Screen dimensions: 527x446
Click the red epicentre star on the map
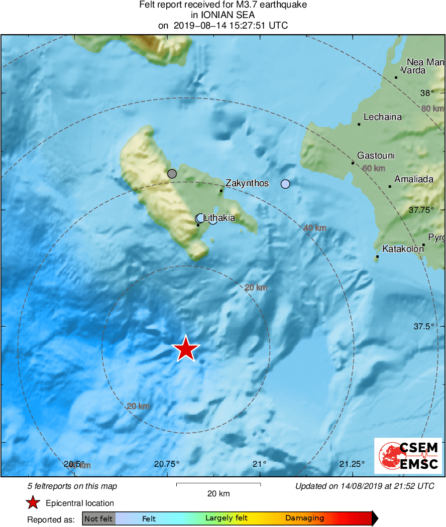point(186,349)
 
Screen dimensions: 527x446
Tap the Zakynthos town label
point(247,183)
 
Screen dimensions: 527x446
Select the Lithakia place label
point(219,218)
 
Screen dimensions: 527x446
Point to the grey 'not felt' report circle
point(172,174)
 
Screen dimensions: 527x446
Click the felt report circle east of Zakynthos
point(285,184)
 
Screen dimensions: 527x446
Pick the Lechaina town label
point(382,117)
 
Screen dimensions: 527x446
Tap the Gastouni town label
point(376,155)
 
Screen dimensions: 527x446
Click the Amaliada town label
point(413,179)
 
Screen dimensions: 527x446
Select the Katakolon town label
point(403,248)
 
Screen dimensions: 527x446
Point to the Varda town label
point(413,70)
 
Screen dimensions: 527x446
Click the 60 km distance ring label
point(373,168)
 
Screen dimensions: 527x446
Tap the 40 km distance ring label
point(314,228)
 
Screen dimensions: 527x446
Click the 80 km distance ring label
point(432,108)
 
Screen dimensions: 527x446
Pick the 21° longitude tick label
point(260,463)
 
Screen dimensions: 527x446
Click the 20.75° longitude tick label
point(167,463)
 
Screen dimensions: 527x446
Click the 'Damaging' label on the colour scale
point(304,518)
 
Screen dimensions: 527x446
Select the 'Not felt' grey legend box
point(98,518)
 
